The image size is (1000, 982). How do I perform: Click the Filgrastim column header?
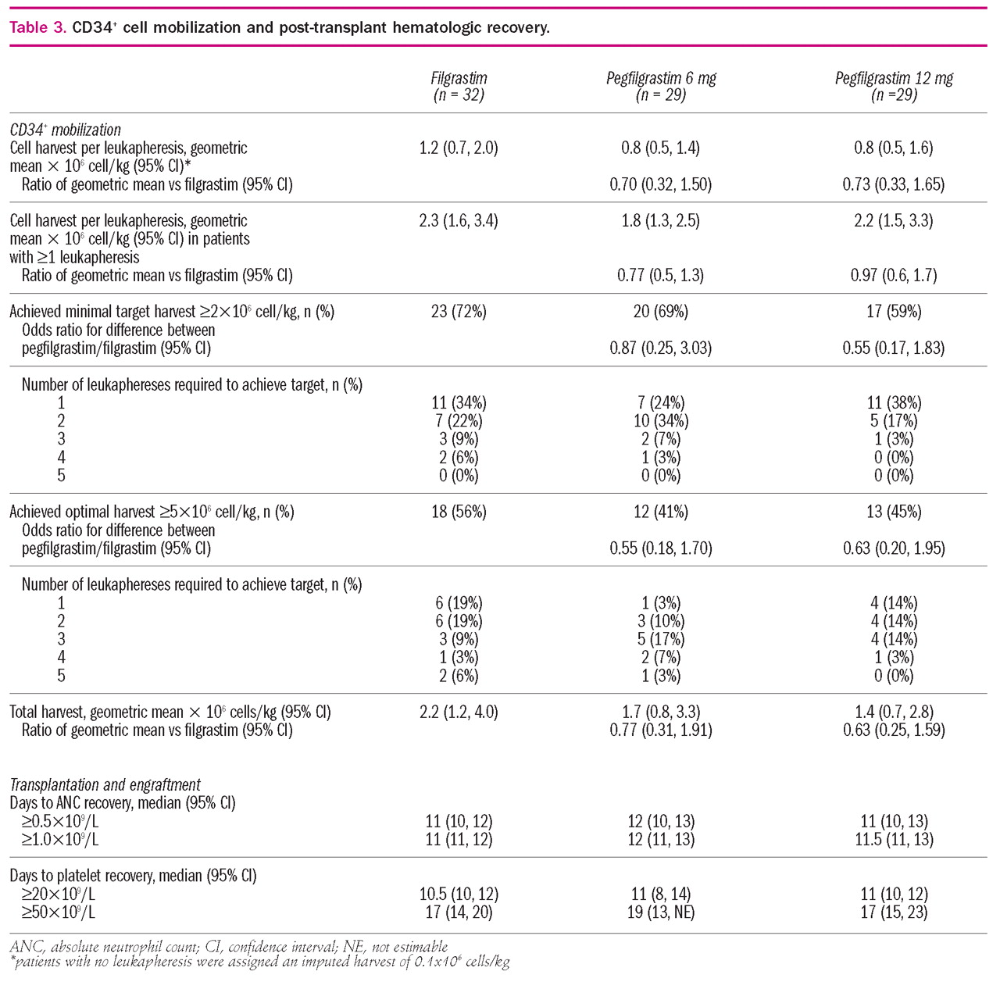pos(459,86)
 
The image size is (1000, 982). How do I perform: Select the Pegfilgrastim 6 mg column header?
pos(661,86)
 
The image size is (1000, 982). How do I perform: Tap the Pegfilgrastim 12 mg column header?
pos(894,86)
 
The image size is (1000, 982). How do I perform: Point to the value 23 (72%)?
pos(459,312)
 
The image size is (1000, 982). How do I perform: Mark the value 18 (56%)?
pos(459,512)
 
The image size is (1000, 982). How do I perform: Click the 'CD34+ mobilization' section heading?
pos(66,130)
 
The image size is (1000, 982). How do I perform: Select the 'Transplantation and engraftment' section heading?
pos(105,784)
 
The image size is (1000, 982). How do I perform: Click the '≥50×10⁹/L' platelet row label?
pos(60,912)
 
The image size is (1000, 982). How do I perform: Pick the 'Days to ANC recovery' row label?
pos(123,802)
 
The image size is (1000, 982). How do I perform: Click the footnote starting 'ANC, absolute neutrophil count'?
pos(229,946)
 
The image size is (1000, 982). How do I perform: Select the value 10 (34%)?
pos(661,421)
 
